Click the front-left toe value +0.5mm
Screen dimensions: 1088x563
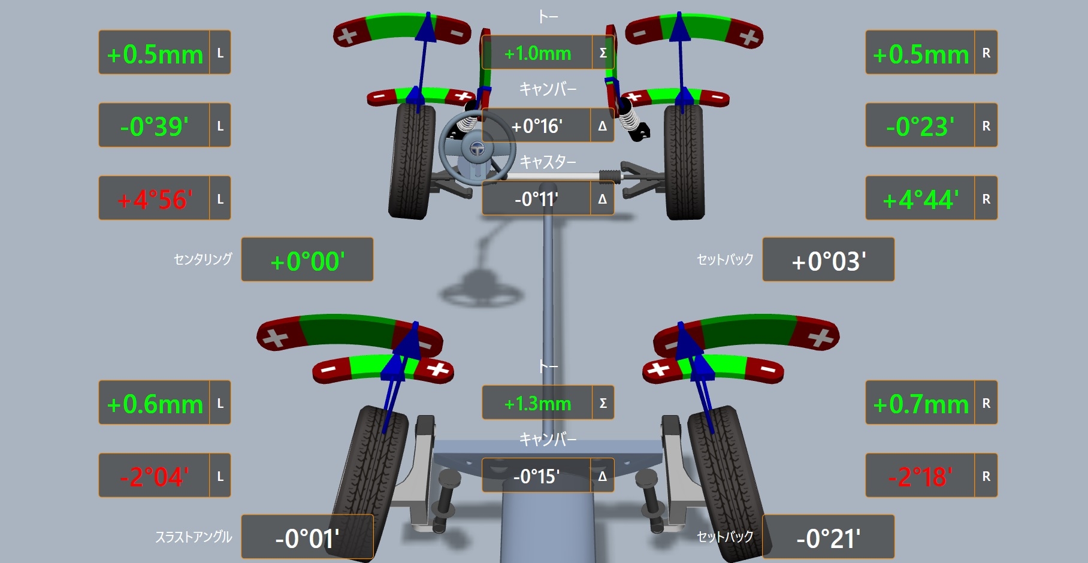[155, 55]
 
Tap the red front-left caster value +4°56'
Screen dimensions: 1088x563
[155, 199]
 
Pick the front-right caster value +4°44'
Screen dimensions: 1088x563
[920, 199]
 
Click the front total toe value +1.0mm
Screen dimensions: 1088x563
[537, 53]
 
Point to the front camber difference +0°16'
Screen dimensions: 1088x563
[537, 126]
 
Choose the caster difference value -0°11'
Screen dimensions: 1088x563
[537, 199]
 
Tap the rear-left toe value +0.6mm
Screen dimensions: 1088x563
[155, 404]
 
